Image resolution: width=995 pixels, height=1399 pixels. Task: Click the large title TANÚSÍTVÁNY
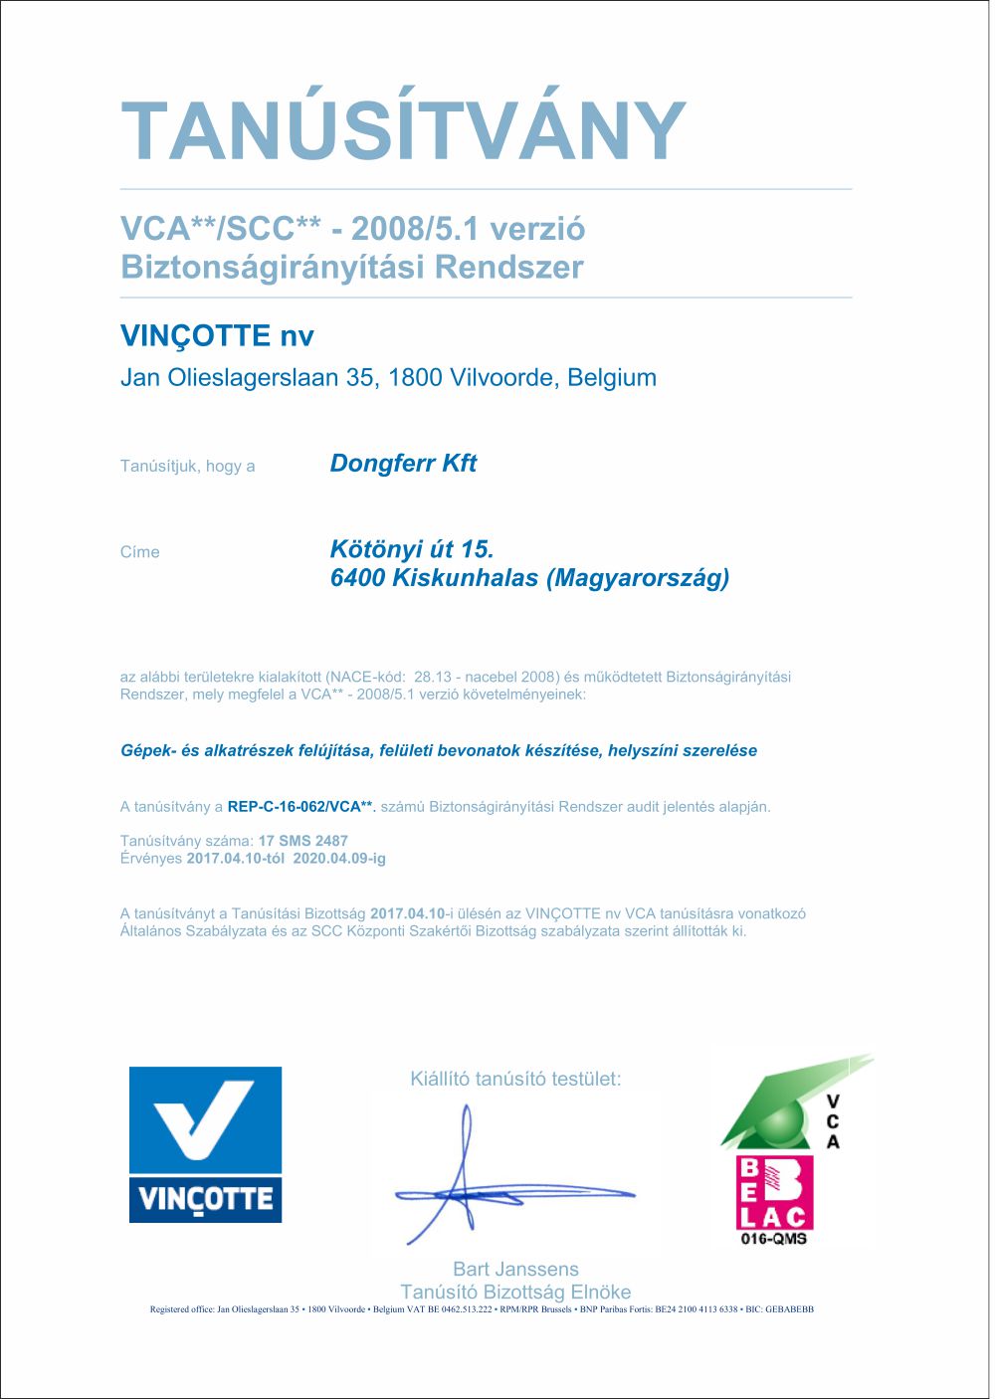point(403,130)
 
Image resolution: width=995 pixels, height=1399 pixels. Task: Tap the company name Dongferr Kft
point(403,464)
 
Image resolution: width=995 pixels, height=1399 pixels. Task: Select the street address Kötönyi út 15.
point(412,549)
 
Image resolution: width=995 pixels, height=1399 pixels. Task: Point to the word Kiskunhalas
point(466,578)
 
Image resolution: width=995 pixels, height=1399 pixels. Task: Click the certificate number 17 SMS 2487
point(303,841)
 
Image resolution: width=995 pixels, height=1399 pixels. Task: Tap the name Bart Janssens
point(515,1269)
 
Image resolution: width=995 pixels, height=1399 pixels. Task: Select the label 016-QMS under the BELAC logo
point(774,1239)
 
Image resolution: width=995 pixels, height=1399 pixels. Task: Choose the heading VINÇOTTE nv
point(217,336)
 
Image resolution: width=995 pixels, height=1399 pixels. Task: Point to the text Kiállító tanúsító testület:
point(515,1079)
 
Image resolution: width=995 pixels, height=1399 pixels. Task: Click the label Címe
point(139,552)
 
